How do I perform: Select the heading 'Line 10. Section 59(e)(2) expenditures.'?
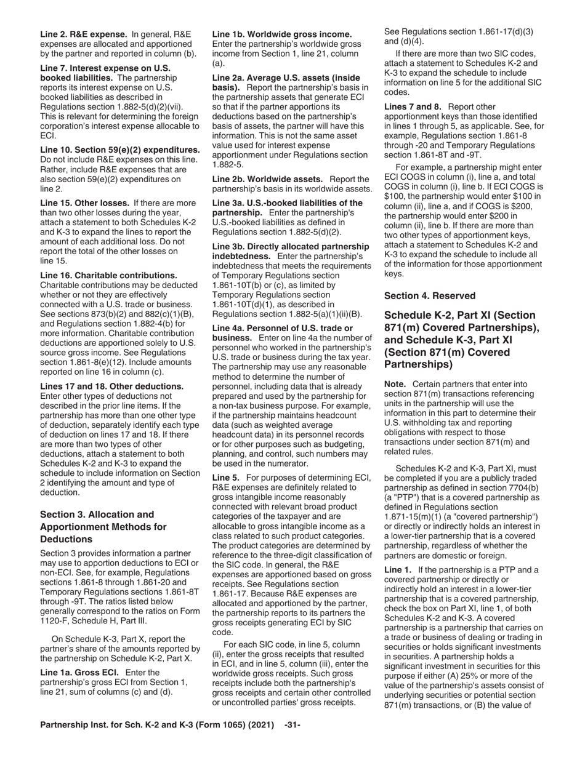(x=119, y=150)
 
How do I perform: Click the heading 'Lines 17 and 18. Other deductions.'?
(x=111, y=386)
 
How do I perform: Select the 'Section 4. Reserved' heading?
(x=430, y=295)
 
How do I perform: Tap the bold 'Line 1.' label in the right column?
(x=398, y=569)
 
